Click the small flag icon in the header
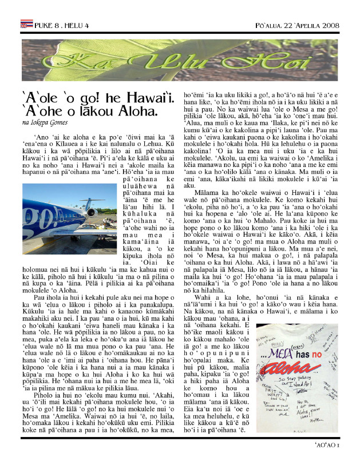26,25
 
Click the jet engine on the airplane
91,212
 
